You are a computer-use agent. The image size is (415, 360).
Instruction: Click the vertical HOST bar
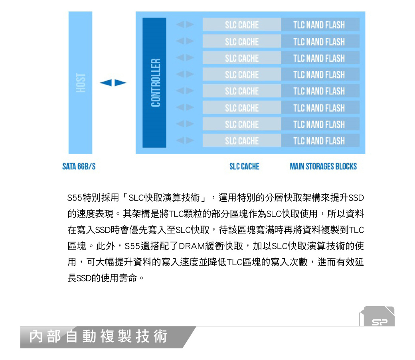[x=80, y=83]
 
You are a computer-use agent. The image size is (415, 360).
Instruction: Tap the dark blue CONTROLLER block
[x=154, y=83]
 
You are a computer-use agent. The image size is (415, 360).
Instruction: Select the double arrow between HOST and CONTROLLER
[x=113, y=83]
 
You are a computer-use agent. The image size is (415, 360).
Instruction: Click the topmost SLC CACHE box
[x=242, y=25]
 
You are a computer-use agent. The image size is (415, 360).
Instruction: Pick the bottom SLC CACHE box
[x=242, y=140]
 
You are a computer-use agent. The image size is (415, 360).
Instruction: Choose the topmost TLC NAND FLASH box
[x=320, y=25]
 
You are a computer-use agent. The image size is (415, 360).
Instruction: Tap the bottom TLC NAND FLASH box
[x=320, y=140]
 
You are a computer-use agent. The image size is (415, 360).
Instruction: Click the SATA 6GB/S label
[x=79, y=166]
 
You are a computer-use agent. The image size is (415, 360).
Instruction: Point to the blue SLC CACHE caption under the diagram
[x=244, y=166]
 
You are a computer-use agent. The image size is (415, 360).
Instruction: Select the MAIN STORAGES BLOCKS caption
[x=323, y=166]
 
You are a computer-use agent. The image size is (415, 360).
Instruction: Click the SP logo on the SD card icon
[x=380, y=322]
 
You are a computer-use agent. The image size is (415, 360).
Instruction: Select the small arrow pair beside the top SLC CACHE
[x=185, y=25]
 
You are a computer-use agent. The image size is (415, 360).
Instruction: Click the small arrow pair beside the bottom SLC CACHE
[x=185, y=140]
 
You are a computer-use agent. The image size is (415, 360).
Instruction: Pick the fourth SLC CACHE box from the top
[x=242, y=74]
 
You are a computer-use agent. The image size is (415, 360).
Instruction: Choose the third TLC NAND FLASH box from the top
[x=320, y=58]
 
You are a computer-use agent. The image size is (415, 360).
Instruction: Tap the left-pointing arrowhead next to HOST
[x=106, y=83]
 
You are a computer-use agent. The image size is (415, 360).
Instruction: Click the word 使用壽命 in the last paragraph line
[x=119, y=278]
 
